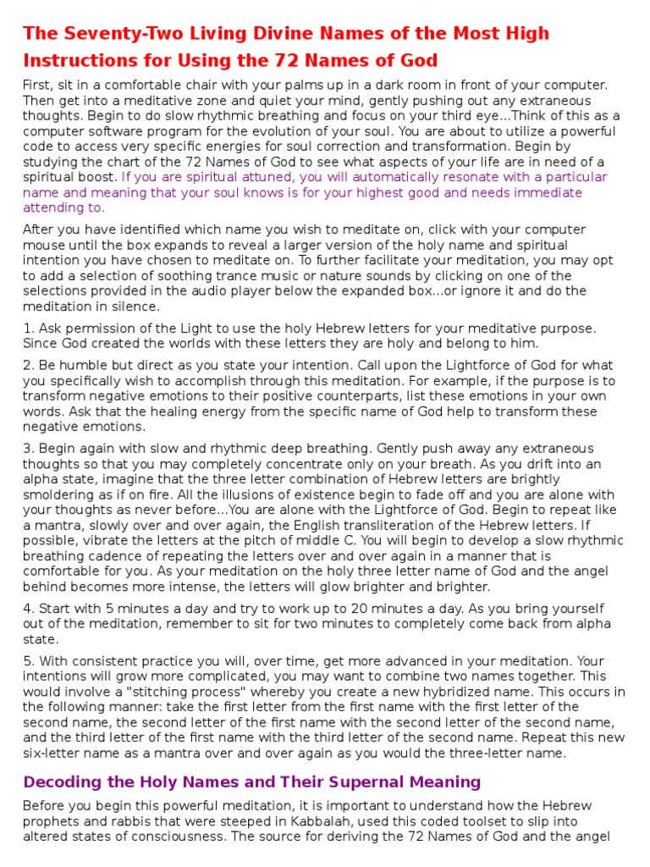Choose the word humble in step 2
pos(83,365)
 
